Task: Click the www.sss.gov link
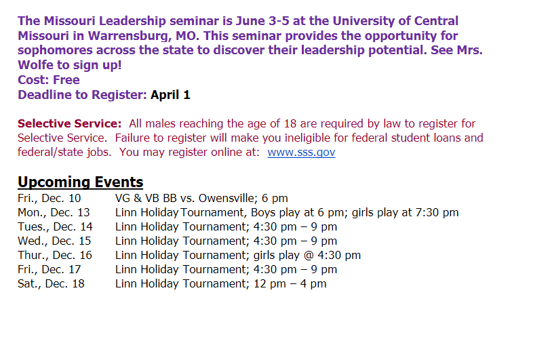point(301,152)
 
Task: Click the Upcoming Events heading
point(80,182)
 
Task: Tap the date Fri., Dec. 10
point(50,198)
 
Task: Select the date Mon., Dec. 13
point(54,212)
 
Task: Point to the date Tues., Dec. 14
point(55,226)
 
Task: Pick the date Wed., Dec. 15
point(54,241)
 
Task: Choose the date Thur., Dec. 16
point(55,256)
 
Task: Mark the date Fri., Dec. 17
point(50,270)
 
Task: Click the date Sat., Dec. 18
point(51,284)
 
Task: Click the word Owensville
point(226,198)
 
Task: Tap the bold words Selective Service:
point(69,123)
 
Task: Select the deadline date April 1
point(170,95)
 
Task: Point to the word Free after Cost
point(66,80)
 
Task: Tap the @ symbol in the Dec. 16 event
point(309,256)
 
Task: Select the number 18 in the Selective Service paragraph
point(290,123)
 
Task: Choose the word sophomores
point(55,50)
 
